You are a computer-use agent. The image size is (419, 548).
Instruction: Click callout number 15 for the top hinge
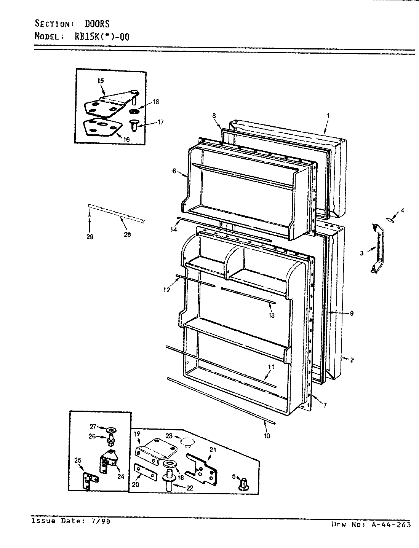pos(100,81)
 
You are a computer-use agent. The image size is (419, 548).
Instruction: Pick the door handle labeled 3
pos(377,249)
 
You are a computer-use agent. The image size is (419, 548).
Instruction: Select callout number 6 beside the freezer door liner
pos(174,171)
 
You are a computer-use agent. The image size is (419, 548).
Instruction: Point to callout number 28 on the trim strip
pos(127,234)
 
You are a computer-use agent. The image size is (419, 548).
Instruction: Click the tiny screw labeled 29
pos(89,216)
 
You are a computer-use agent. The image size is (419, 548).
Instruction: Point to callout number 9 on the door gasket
pos(352,313)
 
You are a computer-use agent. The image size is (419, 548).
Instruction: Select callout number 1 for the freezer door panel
pos(328,115)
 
